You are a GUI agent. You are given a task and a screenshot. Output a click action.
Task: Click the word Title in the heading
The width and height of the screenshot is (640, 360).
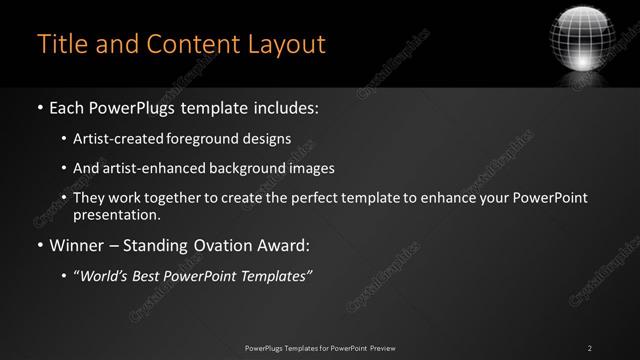coord(61,44)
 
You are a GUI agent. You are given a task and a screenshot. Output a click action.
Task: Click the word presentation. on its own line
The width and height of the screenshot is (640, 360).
coord(116,214)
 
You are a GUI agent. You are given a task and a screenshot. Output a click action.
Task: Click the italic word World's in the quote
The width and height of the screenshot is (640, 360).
coord(105,275)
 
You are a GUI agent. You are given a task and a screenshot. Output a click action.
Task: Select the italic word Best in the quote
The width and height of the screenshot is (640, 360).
coord(150,275)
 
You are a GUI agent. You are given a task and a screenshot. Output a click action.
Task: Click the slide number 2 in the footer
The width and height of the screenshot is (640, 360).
coord(590,347)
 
